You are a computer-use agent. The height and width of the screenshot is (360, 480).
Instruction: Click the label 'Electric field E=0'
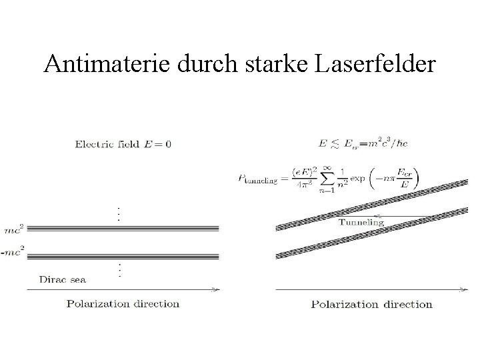click(123, 143)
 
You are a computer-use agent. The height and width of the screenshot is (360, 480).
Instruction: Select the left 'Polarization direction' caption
click(123, 304)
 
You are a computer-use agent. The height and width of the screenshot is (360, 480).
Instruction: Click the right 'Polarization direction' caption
click(371, 305)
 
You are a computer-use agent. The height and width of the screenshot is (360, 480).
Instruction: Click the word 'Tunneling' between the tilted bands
click(361, 221)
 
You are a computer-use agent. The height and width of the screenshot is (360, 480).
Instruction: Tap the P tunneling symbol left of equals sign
click(256, 179)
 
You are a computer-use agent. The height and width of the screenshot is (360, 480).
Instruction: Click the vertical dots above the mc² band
click(119, 213)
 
